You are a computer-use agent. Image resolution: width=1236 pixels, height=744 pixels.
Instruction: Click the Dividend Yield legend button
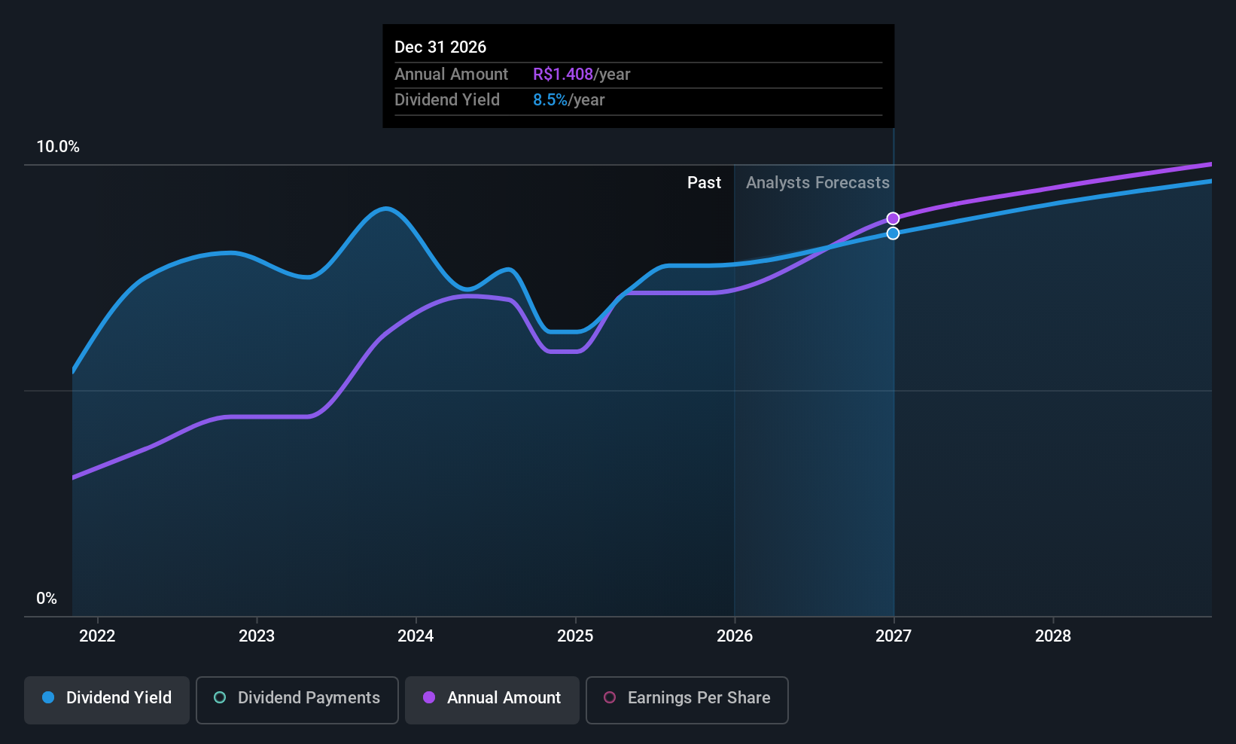(x=106, y=700)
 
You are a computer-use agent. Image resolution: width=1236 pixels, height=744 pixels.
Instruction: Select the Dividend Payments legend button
(x=297, y=700)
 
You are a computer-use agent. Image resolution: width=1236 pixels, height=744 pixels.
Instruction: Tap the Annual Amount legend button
(x=492, y=700)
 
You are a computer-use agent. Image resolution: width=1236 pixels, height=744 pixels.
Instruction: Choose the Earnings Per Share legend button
(x=687, y=700)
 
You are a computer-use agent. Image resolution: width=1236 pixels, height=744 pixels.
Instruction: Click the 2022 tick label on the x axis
(x=97, y=636)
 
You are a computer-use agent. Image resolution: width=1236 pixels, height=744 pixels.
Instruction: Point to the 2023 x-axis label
(x=257, y=636)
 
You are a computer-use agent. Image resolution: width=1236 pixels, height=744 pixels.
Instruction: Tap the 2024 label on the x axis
(x=416, y=636)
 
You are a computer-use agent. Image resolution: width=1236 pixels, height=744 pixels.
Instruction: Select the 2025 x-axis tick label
(x=575, y=636)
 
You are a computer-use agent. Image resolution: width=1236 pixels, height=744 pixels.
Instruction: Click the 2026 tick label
(x=735, y=636)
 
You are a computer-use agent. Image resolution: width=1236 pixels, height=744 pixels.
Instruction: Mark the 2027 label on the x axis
(x=894, y=636)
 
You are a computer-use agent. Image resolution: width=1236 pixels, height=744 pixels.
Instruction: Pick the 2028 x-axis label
(x=1053, y=636)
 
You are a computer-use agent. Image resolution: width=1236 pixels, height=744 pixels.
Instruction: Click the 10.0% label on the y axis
(x=58, y=147)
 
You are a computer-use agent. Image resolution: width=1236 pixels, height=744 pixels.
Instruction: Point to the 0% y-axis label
(x=47, y=599)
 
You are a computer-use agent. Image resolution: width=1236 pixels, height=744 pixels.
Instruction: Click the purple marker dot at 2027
(x=893, y=218)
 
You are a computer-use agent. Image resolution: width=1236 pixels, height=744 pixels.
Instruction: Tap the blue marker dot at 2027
(x=893, y=233)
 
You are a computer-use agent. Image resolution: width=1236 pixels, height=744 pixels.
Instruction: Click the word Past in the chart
(x=704, y=183)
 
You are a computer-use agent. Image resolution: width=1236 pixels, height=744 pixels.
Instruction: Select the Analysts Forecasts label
(x=817, y=183)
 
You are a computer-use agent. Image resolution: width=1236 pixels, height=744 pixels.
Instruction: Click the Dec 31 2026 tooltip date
(x=440, y=47)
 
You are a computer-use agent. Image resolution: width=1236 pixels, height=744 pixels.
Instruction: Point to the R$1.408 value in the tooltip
(x=563, y=74)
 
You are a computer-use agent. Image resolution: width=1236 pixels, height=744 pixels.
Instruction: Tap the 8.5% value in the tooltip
(x=550, y=100)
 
